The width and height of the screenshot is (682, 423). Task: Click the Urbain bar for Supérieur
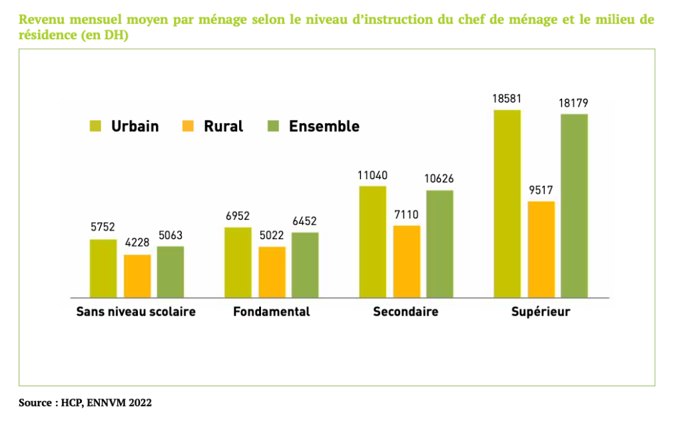pyautogui.click(x=507, y=203)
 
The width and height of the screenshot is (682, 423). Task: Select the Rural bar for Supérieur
pyautogui.click(x=541, y=249)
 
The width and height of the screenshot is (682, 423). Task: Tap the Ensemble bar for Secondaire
pyautogui.click(x=440, y=244)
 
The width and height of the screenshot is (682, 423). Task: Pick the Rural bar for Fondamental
pyautogui.click(x=272, y=272)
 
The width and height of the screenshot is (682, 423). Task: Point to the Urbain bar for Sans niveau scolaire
pyautogui.click(x=103, y=268)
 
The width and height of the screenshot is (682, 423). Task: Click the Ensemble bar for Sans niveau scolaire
pyautogui.click(x=170, y=272)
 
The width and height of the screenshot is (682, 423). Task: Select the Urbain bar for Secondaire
pyautogui.click(x=372, y=241)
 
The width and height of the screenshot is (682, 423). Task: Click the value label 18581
pyautogui.click(x=506, y=99)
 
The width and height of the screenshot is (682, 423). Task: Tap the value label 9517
pyautogui.click(x=541, y=190)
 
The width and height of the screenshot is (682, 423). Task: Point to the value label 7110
pyautogui.click(x=406, y=214)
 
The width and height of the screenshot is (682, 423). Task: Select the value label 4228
pyautogui.click(x=137, y=243)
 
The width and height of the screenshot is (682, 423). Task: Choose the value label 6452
pyautogui.click(x=305, y=221)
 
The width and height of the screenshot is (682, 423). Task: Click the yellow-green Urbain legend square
pyautogui.click(x=95, y=126)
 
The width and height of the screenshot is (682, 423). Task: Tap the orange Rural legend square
pyautogui.click(x=188, y=126)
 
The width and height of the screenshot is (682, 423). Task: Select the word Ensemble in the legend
pyautogui.click(x=324, y=126)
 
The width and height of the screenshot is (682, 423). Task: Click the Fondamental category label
pyautogui.click(x=271, y=312)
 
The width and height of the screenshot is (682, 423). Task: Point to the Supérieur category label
pyautogui.click(x=540, y=312)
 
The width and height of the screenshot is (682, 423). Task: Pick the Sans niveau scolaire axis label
pyautogui.click(x=136, y=312)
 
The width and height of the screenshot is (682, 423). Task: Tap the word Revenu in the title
pyautogui.click(x=43, y=19)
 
